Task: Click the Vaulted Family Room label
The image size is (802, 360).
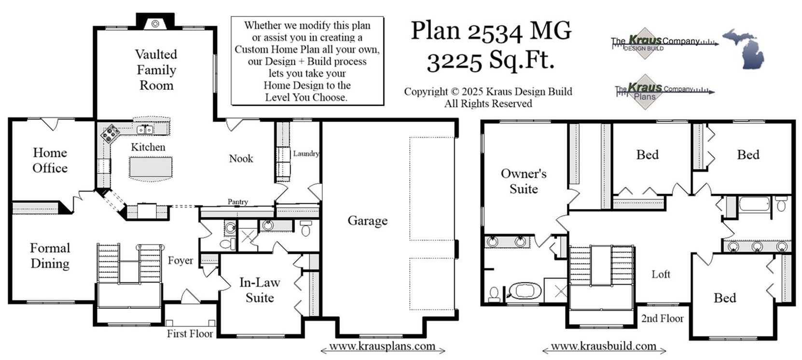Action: pos(156,70)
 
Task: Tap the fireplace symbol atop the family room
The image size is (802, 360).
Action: pos(155,23)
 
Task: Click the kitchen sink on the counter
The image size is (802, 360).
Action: pos(145,129)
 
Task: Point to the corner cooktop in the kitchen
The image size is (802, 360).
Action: pos(111,134)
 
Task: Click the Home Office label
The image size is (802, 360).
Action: pos(50,160)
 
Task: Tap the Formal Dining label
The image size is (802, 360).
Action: pos(50,255)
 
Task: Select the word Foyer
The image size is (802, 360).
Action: pos(180,261)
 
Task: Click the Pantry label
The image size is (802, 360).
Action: pos(238,202)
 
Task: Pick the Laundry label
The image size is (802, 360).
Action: pos(306,153)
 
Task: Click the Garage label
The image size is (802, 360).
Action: pos(367,221)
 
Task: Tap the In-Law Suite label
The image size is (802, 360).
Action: pos(260,290)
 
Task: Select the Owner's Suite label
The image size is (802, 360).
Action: pos(524,181)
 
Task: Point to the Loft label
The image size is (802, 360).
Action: pos(661,274)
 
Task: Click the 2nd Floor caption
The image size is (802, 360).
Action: pos(662,318)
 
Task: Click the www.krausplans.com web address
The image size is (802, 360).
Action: pos(382,346)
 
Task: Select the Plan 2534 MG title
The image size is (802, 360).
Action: pos(491,31)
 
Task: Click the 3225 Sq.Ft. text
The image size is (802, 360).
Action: pos(490,61)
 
